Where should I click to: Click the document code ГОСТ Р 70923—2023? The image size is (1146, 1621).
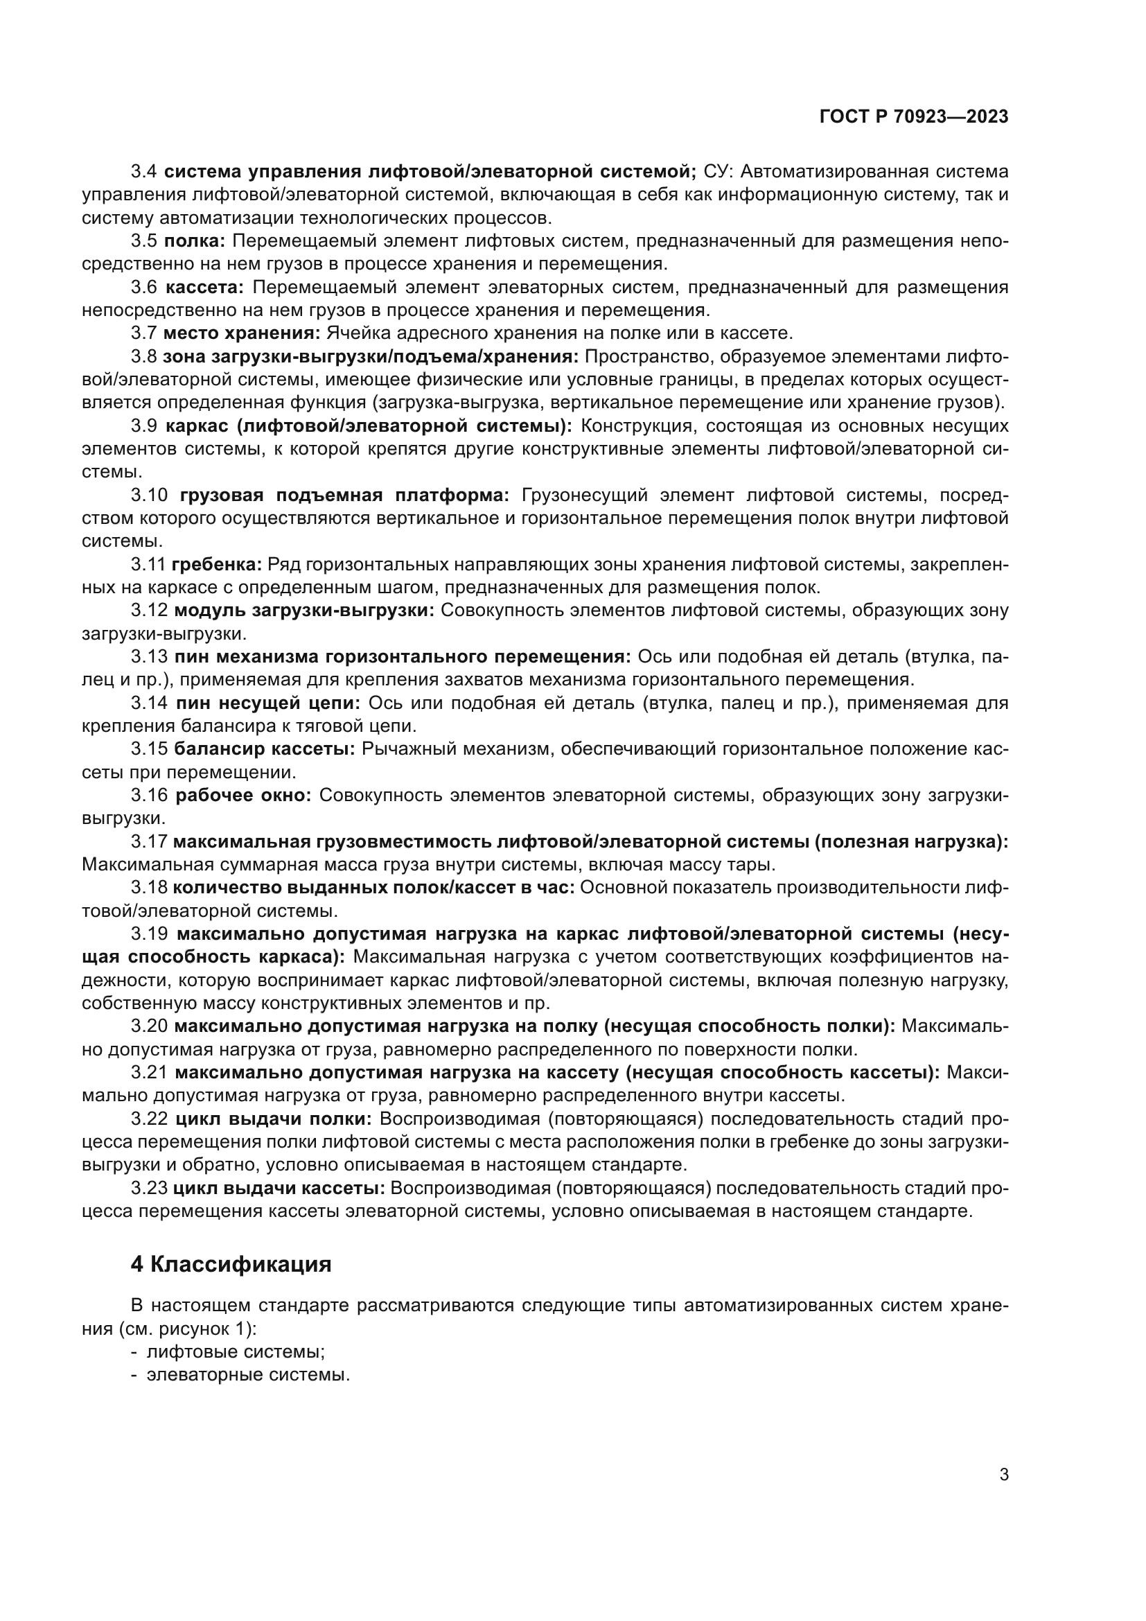(914, 117)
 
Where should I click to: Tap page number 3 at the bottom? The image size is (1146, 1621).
(1003, 1474)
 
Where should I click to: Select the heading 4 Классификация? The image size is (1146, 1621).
(231, 1264)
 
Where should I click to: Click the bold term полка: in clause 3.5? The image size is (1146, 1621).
(194, 240)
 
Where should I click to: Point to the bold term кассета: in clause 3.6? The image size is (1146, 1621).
(204, 287)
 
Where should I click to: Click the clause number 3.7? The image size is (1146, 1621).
(144, 333)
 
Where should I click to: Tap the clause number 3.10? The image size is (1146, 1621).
(149, 495)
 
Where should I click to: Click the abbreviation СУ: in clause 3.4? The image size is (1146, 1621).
(719, 172)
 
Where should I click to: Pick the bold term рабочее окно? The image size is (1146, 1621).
(243, 795)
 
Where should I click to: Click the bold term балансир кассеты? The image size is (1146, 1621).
(265, 748)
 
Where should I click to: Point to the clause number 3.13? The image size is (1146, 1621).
(149, 656)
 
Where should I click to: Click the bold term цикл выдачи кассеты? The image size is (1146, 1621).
(279, 1189)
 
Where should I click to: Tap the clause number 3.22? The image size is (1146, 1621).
(149, 1119)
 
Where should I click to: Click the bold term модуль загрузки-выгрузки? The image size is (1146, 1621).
(304, 610)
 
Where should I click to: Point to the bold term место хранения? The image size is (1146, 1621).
(242, 333)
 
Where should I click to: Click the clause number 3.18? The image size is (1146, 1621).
(149, 888)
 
